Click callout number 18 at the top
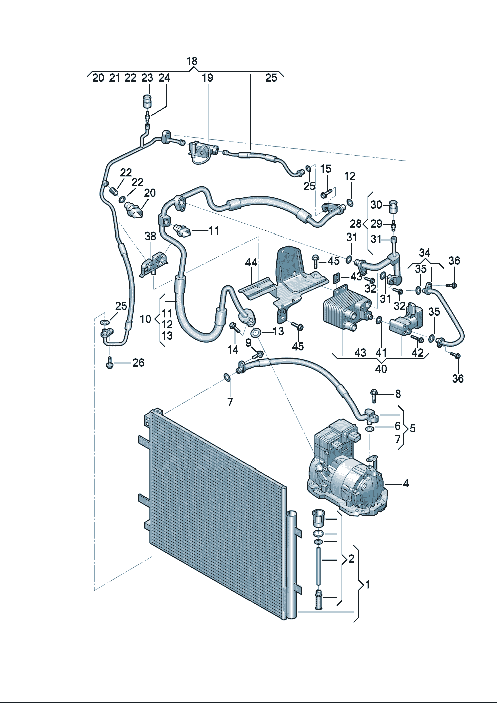[x=192, y=61]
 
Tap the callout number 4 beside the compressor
[x=406, y=483]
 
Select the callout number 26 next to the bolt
[x=138, y=363]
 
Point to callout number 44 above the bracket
[x=251, y=263]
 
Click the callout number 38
[x=150, y=236]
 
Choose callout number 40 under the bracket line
[x=381, y=369]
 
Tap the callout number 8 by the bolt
[x=398, y=394]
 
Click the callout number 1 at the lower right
[x=368, y=584]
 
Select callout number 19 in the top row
[x=207, y=78]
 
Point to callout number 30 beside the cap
[x=376, y=204]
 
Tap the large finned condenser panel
[x=215, y=511]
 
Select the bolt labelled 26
[x=110, y=363]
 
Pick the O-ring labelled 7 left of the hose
[x=227, y=377]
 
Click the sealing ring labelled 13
[x=256, y=333]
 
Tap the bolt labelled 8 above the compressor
[x=374, y=395]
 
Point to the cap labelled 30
[x=394, y=205]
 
